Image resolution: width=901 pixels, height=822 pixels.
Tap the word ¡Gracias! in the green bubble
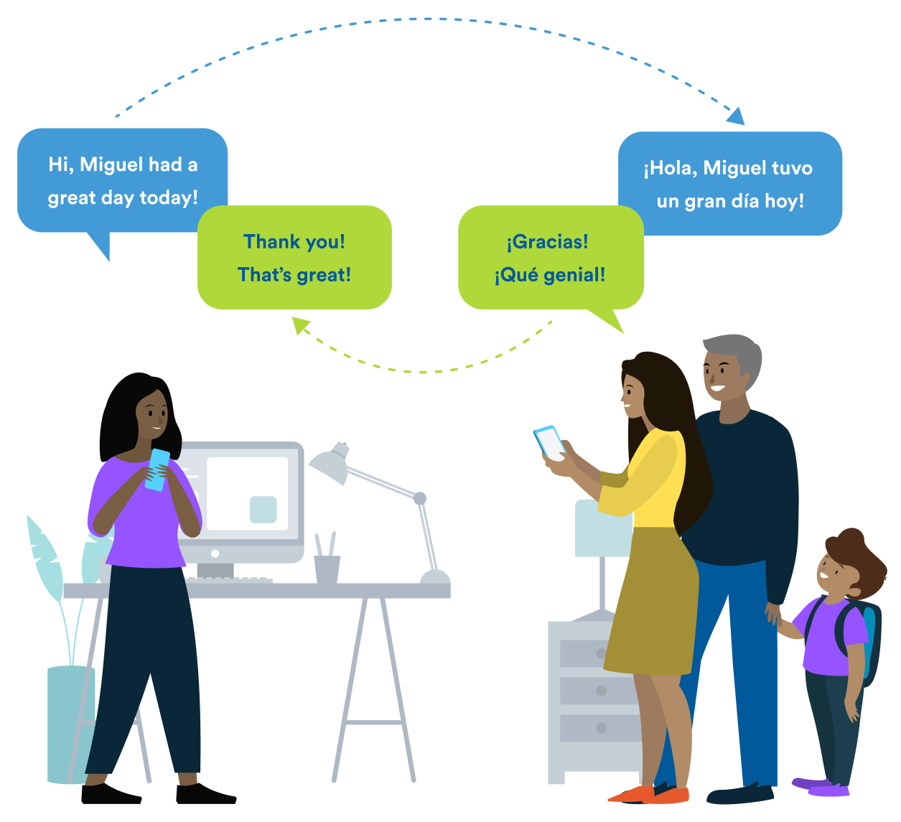coord(548,242)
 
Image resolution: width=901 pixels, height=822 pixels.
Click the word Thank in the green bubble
coord(270,242)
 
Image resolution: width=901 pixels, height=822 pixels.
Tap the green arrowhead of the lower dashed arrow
coord(301,326)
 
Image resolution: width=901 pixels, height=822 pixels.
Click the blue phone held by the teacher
coord(157,470)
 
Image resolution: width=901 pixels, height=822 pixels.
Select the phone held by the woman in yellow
coord(550,442)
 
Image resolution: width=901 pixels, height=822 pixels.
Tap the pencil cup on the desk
coord(327,569)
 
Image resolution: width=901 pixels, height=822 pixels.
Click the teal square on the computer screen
coord(263,509)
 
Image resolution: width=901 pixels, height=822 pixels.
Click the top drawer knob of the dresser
coord(602,653)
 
